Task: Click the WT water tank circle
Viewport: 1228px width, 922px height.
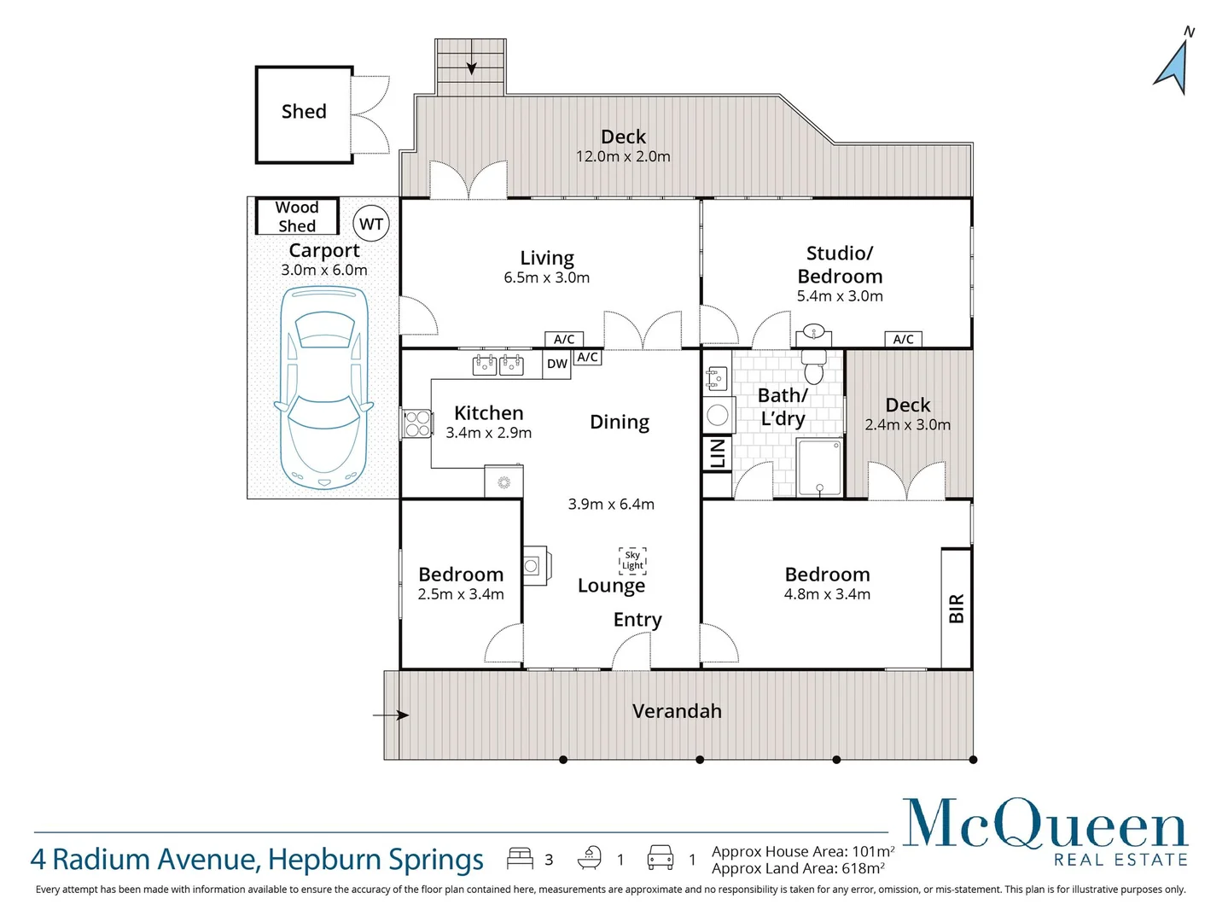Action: click(371, 224)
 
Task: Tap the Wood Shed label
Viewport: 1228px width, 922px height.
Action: click(297, 217)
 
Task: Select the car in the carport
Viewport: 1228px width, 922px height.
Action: click(323, 388)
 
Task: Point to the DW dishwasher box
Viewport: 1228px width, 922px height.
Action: click(557, 364)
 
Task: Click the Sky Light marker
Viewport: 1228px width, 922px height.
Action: click(632, 560)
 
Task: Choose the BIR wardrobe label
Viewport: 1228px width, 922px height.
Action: click(957, 609)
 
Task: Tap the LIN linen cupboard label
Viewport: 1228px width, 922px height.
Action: click(718, 454)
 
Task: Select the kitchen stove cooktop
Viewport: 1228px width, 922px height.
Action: click(417, 423)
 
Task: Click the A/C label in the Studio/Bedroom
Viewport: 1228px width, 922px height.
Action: click(904, 339)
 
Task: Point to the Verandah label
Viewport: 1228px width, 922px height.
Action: click(677, 711)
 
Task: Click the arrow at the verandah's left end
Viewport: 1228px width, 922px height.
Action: click(392, 715)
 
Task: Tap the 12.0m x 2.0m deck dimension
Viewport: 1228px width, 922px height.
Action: click(623, 157)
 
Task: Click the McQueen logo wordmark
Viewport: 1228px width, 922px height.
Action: click(1045, 826)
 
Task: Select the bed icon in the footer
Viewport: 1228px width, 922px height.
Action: click(520, 858)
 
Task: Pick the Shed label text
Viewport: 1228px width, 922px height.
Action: click(304, 112)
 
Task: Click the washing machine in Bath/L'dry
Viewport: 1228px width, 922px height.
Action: click(718, 415)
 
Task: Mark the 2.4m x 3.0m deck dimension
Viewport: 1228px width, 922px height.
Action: click(907, 425)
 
